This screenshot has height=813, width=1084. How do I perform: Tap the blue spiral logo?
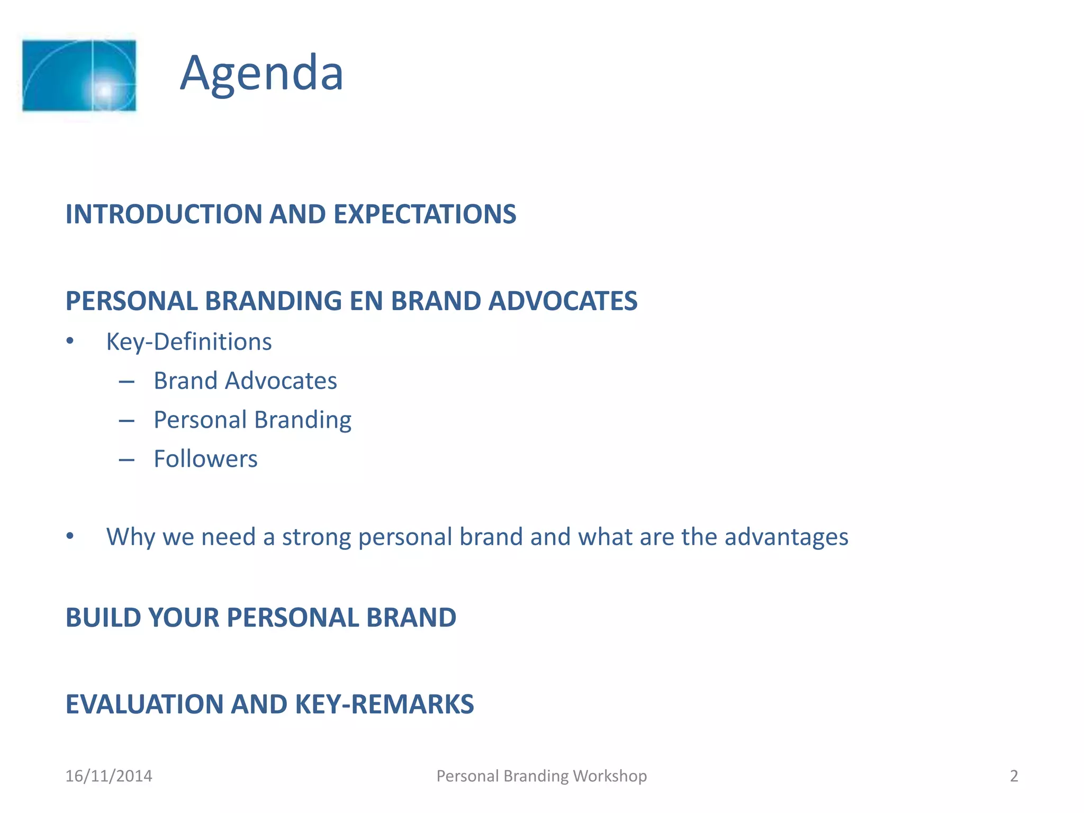coord(79,76)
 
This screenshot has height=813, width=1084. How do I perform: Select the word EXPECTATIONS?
coord(424,214)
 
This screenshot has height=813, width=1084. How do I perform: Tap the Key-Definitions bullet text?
coord(189,341)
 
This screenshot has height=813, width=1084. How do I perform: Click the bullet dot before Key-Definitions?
coord(70,341)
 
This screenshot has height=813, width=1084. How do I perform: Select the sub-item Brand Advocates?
coord(245,381)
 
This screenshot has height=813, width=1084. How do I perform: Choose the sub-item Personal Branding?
coord(252,420)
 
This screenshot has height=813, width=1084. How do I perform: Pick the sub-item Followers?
coord(205,458)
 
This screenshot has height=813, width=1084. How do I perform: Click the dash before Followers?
coord(127,460)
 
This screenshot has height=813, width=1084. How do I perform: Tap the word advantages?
coord(786,537)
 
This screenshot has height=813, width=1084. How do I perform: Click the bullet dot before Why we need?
coord(70,537)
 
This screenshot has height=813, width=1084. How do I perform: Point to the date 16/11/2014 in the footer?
coord(109,776)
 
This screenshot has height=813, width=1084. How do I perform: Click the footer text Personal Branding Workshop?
coord(541,776)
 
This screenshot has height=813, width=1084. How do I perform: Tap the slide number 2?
coord(1014,776)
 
